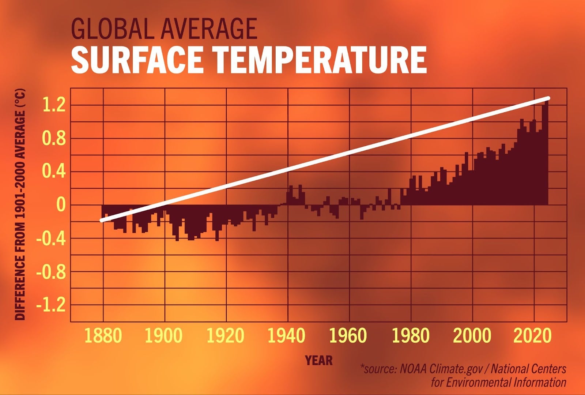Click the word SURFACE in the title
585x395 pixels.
pos(137,60)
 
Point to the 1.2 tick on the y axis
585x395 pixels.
pos(54,106)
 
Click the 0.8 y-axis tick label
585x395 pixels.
pos(54,139)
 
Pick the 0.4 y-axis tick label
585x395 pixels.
pos(54,172)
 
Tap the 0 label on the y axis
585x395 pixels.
pos(60,205)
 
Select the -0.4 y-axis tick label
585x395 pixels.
pos(51,239)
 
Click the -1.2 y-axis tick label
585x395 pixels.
pos(51,305)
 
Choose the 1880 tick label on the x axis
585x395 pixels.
pos(103,336)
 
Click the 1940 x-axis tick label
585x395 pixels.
pos(286,336)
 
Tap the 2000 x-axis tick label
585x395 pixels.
pos(472,336)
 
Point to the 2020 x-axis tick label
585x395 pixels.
pos(533,336)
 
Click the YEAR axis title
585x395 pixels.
pos(319,361)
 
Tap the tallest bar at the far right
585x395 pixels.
pos(546,154)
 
